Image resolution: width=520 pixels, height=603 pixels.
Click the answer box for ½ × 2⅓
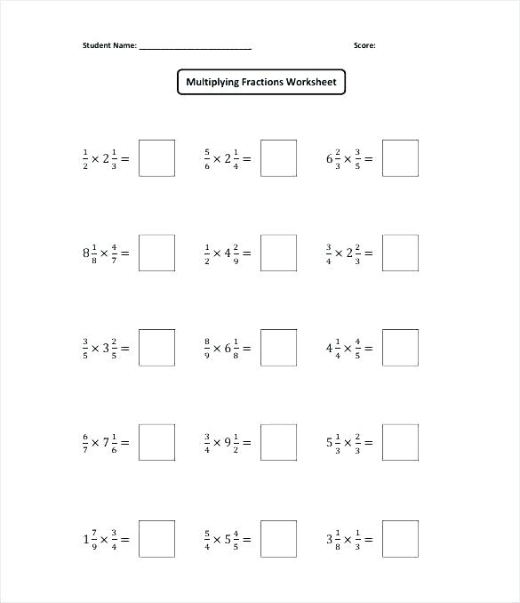tap(156, 158)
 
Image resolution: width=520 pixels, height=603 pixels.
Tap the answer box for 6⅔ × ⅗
tap(400, 158)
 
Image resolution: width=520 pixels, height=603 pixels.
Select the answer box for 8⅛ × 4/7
tap(156, 253)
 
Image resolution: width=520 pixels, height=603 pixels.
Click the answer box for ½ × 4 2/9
tap(278, 253)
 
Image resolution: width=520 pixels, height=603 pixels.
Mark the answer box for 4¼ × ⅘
tap(400, 348)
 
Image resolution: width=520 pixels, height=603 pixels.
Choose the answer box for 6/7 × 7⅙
tap(156, 442)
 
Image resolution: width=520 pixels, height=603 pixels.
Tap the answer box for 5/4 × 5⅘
tap(278, 538)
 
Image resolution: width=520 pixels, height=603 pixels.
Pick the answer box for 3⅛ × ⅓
tap(400, 538)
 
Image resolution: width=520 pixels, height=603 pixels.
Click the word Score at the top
tap(364, 44)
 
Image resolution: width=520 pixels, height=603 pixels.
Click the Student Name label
tap(109, 44)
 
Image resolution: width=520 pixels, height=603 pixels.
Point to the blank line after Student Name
tap(195, 46)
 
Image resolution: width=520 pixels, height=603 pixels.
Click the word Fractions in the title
tap(259, 83)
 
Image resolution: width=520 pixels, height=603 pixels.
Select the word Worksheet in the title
tap(311, 83)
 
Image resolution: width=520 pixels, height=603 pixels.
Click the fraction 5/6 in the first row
tap(207, 159)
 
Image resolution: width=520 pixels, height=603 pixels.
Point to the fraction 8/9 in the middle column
tap(207, 349)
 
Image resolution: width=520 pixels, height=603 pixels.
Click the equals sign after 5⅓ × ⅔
tap(367, 443)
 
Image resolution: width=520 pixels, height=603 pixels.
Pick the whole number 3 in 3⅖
tap(106, 349)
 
